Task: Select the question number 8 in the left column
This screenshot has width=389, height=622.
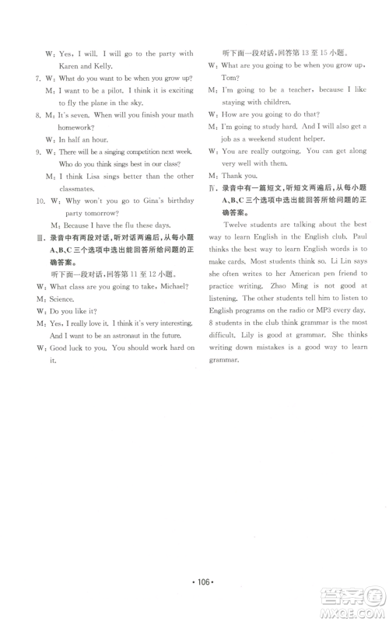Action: coord(37,115)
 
